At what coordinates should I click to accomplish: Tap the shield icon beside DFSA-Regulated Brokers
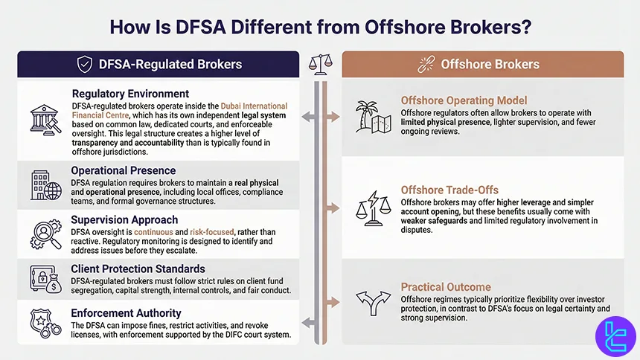(85, 64)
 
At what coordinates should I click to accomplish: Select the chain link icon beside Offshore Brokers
(427, 64)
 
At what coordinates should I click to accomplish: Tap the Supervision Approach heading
(124, 219)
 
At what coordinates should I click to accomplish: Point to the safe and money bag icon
(45, 280)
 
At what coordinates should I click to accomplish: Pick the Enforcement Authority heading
(126, 314)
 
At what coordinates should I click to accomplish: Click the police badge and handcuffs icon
(45, 326)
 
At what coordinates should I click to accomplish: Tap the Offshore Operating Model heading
(464, 100)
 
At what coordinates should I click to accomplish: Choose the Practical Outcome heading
(446, 286)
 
